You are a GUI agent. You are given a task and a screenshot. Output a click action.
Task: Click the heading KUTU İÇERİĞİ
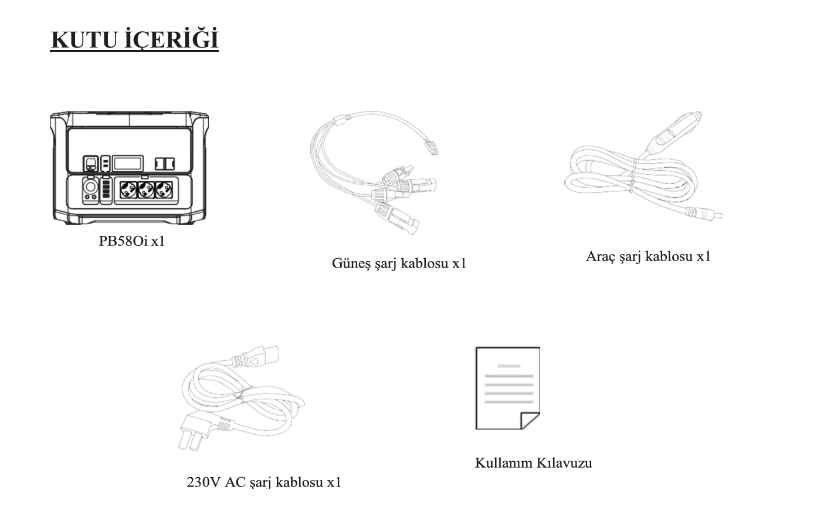[135, 39]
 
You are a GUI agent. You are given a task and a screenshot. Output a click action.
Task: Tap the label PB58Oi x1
[132, 241]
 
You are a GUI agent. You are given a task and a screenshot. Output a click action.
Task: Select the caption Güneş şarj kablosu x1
[399, 263]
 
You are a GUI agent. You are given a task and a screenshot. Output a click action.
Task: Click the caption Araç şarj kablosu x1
[648, 256]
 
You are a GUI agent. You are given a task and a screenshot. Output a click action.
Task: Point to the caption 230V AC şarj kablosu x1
[264, 482]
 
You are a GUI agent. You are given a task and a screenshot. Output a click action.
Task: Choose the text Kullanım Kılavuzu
[533, 463]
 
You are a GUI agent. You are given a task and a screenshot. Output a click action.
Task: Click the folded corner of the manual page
[530, 421]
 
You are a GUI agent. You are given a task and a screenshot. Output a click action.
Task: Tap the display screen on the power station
[127, 163]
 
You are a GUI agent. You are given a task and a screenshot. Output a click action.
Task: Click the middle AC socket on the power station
[145, 190]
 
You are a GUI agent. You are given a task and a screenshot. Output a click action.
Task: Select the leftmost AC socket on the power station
[128, 190]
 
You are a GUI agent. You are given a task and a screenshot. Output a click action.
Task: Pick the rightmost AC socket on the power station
[164, 190]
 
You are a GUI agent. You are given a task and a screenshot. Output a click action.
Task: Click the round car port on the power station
[90, 187]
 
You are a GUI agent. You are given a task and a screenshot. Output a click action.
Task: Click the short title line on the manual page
[508, 366]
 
